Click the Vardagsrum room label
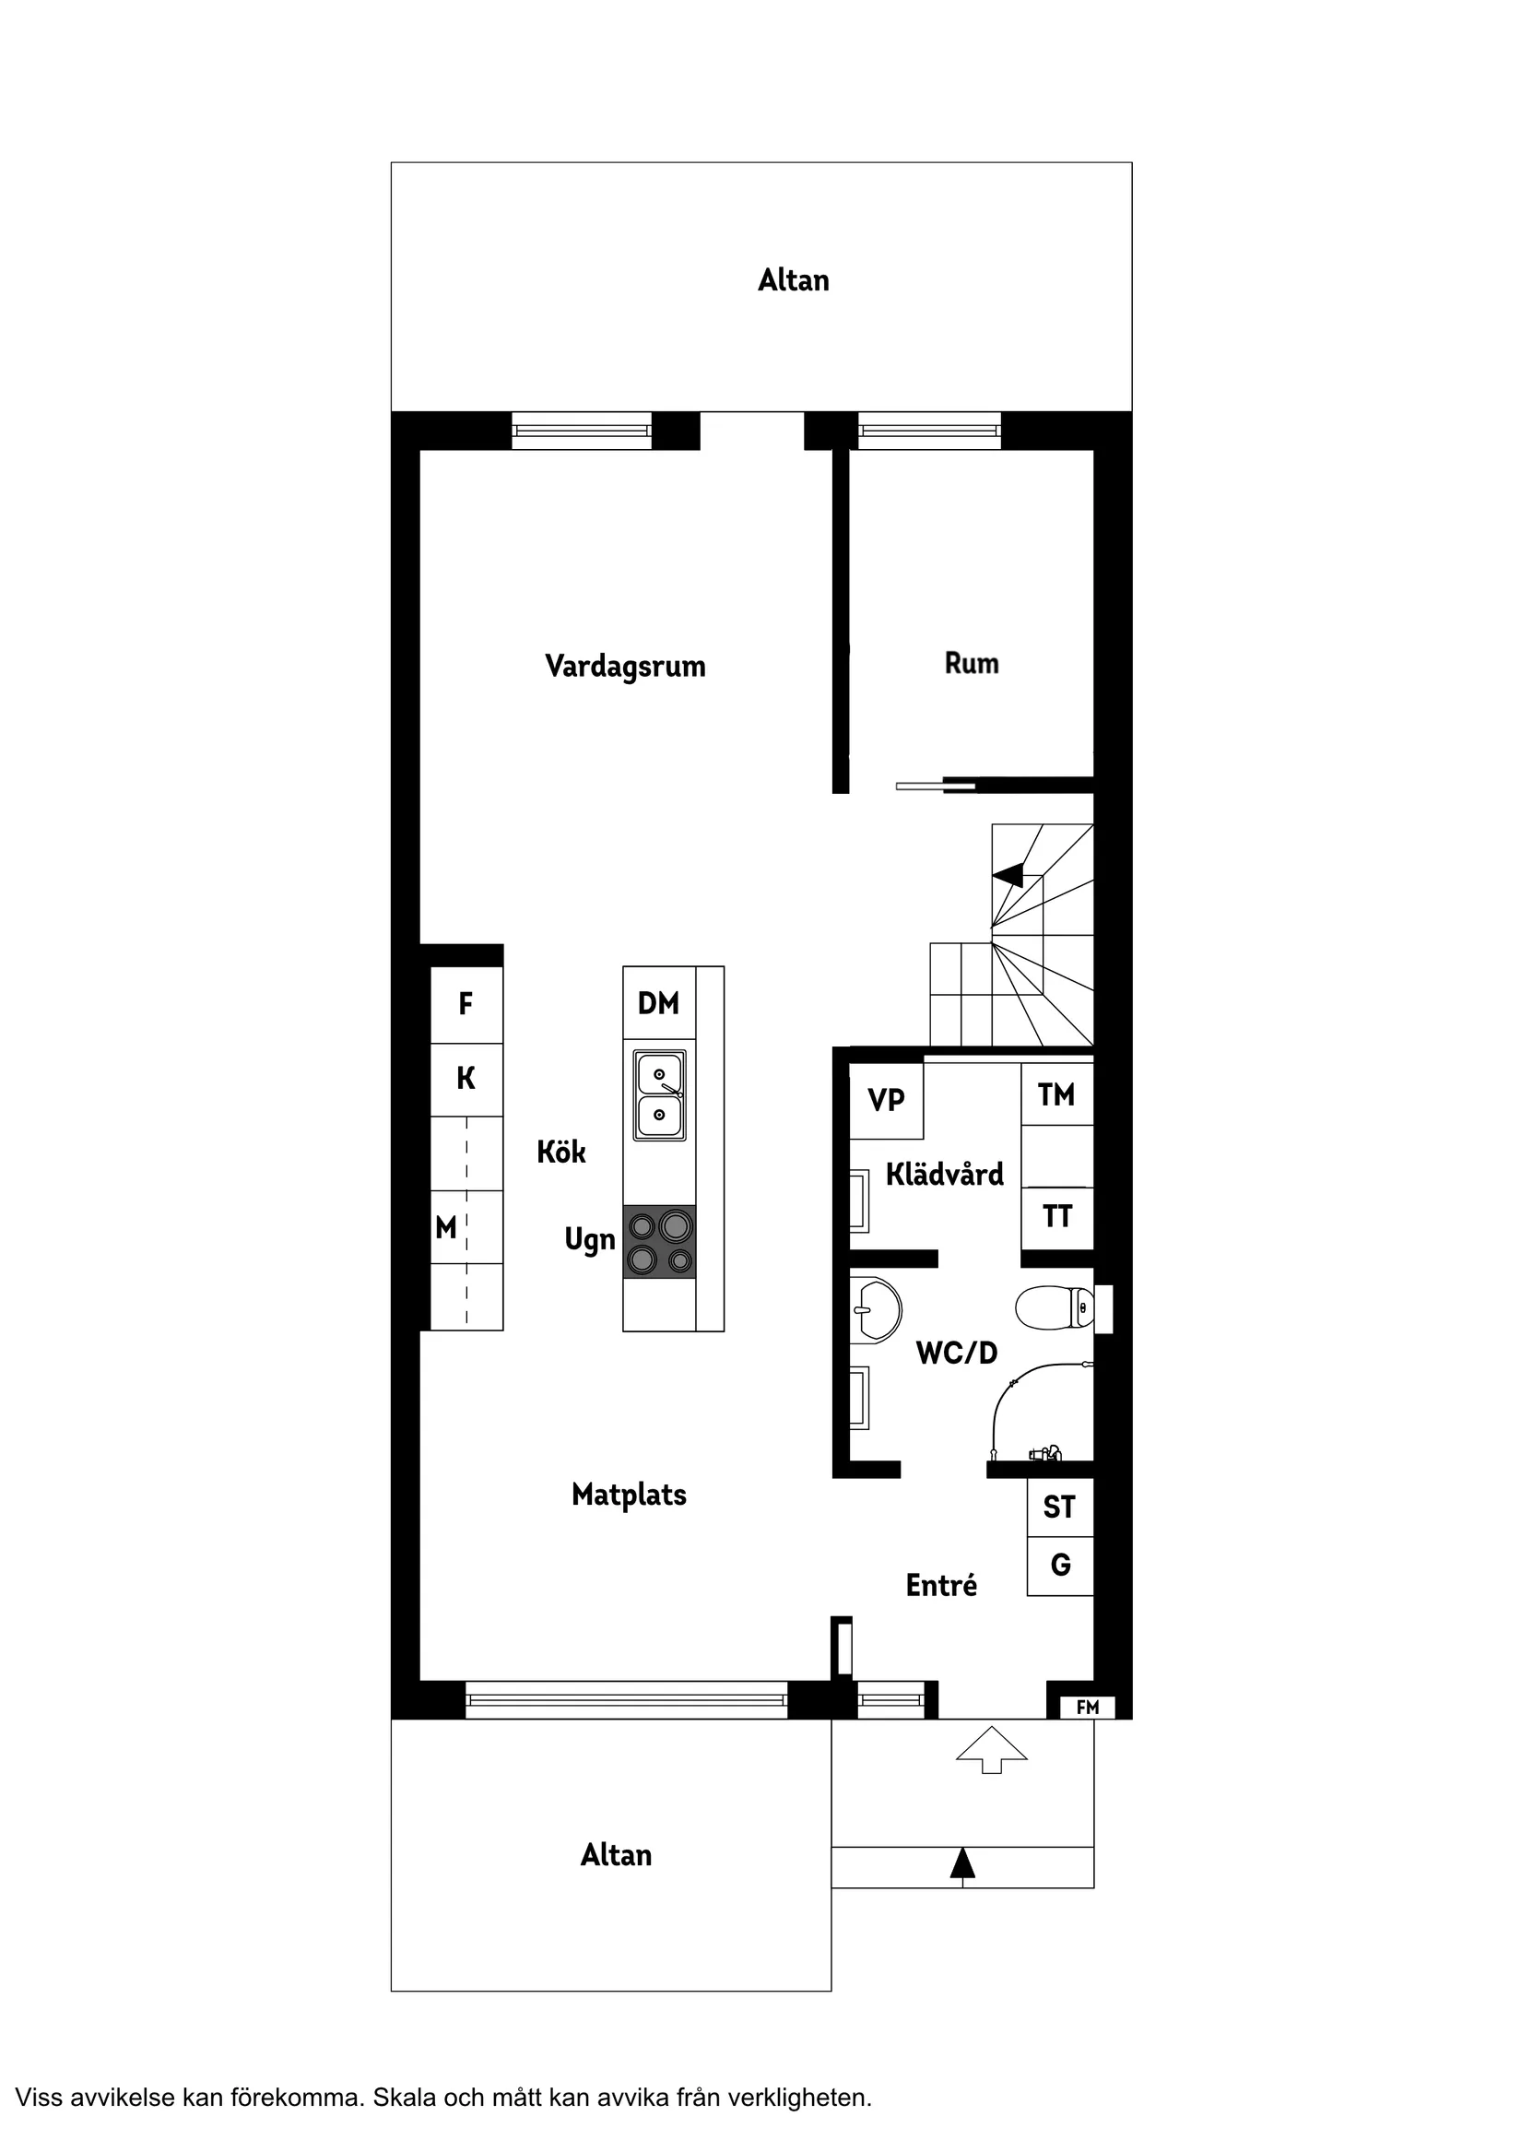coord(625,668)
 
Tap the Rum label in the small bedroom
coord(972,664)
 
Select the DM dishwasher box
coord(659,1003)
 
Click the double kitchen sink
coord(660,1094)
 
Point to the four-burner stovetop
coord(660,1242)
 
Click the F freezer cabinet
coord(466,1005)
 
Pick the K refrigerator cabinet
coord(466,1080)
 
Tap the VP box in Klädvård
coord(887,1100)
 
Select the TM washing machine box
coord(1057,1094)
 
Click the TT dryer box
coord(1057,1217)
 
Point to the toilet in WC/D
coord(1055,1307)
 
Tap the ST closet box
coord(1060,1508)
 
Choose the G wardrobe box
coord(1060,1566)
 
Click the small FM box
coord(1087,1708)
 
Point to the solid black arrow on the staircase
coord(1008,875)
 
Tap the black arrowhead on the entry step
coord(962,1863)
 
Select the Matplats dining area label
coord(629,1495)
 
